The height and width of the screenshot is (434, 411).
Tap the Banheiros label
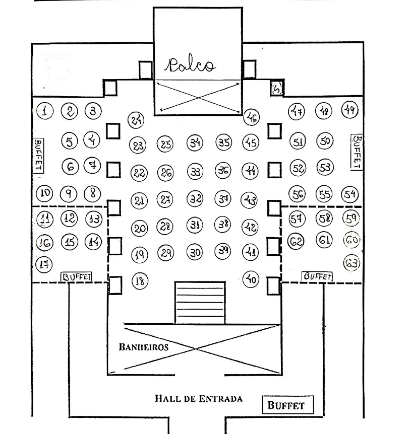click(144, 347)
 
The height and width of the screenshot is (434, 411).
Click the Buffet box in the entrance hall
click(287, 405)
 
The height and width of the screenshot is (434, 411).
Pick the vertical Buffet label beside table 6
click(38, 156)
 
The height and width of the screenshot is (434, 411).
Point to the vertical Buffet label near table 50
click(357, 152)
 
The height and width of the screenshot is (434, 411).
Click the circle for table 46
click(251, 118)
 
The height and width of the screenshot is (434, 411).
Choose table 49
click(349, 109)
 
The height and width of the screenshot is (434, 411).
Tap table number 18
click(140, 281)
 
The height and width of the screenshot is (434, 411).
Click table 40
click(251, 278)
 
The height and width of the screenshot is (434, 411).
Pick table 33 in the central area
click(195, 172)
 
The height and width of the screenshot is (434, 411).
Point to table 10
click(46, 192)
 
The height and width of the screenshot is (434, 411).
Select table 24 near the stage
click(136, 120)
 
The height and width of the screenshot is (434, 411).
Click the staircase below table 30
click(199, 302)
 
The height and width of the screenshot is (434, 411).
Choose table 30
click(195, 252)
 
